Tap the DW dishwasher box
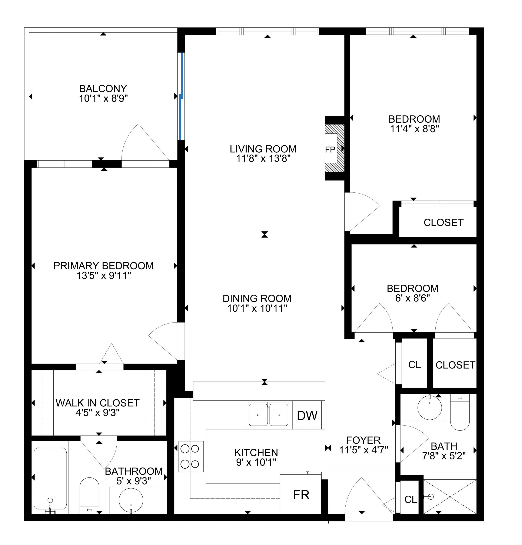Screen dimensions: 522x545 (x=307, y=415)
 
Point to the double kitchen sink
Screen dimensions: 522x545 (x=268, y=414)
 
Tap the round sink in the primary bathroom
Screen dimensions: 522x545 (x=131, y=500)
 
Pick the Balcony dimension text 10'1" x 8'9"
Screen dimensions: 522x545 (x=103, y=98)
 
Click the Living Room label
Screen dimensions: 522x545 (x=263, y=149)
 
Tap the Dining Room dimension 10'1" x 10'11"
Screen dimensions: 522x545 (x=257, y=308)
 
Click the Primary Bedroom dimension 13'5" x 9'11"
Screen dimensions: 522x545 (x=103, y=275)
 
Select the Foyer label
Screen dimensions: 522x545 (x=363, y=440)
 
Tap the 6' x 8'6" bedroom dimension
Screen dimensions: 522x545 (x=412, y=298)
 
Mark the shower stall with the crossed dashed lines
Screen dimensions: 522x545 (x=449, y=497)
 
